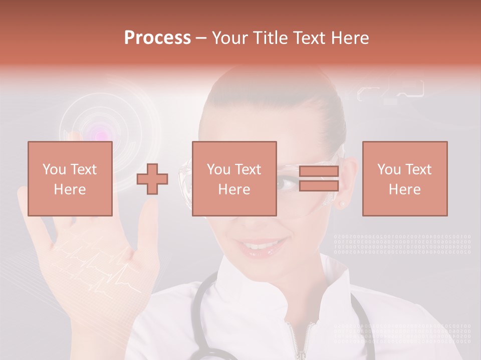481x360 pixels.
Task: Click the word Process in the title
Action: [157, 38]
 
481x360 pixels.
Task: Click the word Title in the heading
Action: [271, 38]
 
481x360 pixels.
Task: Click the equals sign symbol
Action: [319, 178]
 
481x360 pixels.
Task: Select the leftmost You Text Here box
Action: [70, 178]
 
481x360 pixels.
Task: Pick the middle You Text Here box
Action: [234, 178]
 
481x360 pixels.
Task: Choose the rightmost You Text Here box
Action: [404, 178]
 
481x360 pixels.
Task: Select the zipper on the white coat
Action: [300, 340]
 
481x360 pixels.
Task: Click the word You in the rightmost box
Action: [388, 169]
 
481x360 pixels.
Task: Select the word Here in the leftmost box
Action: [70, 189]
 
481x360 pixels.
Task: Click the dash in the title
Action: [201, 38]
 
